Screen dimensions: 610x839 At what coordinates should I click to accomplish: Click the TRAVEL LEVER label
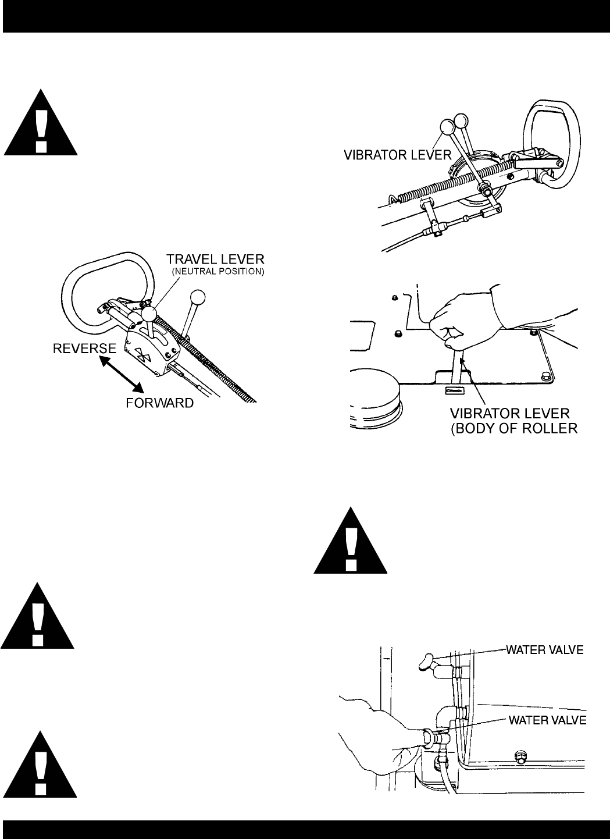point(215,259)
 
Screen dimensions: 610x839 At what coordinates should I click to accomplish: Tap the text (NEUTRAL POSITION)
point(218,272)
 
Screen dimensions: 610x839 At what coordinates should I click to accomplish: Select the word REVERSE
point(84,349)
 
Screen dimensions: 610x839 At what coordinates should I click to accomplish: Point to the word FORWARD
point(160,403)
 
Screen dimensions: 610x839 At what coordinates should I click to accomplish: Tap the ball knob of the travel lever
point(149,314)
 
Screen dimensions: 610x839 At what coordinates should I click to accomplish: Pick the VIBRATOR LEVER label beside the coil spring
point(398,155)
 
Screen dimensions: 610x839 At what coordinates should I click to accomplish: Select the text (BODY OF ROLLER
point(514,428)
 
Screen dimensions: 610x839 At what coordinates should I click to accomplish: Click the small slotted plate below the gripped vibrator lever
point(454,390)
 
